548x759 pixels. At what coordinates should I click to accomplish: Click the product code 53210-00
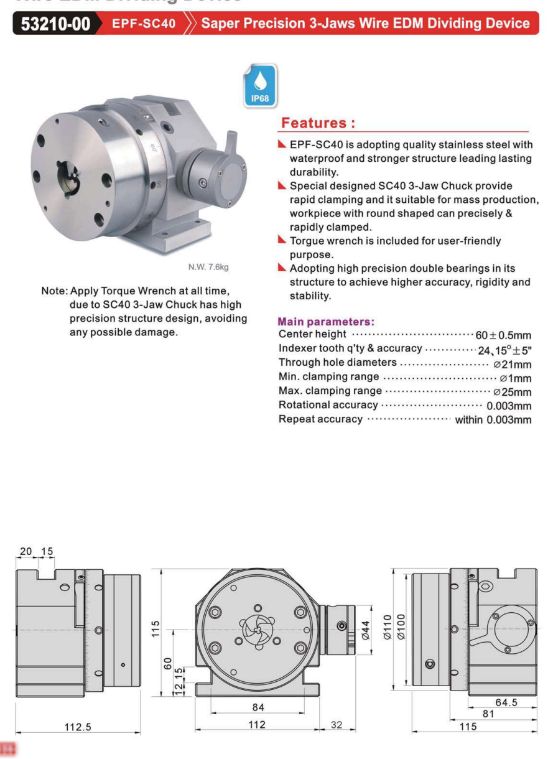(x=55, y=24)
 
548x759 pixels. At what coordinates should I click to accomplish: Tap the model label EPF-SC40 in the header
(x=144, y=24)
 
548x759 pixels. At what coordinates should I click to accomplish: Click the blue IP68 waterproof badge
(x=260, y=86)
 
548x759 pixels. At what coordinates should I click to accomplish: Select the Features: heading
(x=318, y=123)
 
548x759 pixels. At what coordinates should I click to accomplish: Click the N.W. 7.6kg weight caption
(x=208, y=268)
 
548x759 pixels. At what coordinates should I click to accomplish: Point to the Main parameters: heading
(x=325, y=322)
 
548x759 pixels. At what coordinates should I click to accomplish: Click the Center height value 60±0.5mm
(x=503, y=335)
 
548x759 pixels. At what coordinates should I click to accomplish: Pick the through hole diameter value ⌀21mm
(x=512, y=364)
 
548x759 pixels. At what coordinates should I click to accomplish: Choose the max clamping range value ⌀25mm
(x=512, y=392)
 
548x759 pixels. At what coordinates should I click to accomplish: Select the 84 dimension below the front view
(x=258, y=707)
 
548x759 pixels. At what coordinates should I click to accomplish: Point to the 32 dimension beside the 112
(x=337, y=725)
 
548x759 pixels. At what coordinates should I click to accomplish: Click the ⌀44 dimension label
(x=365, y=630)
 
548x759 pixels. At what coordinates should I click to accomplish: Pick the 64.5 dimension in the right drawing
(x=506, y=702)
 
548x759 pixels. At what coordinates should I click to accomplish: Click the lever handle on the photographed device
(x=231, y=141)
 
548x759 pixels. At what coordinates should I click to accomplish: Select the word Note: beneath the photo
(x=54, y=291)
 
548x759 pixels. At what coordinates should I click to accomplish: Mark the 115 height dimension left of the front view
(x=156, y=628)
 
